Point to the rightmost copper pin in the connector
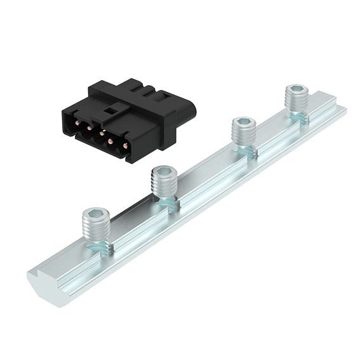pyautogui.click(x=124, y=144)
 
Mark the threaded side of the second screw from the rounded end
pyautogui.click(x=164, y=187)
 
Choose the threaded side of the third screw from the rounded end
pyautogui.click(x=244, y=137)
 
